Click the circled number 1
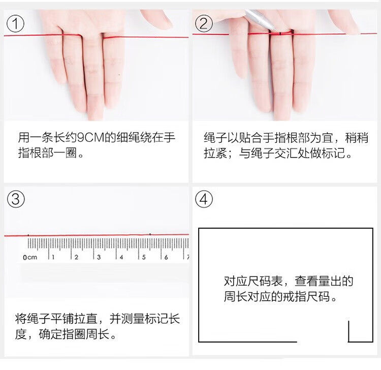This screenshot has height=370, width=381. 15,23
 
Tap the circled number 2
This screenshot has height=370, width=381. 204,23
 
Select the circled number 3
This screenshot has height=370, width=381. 16,199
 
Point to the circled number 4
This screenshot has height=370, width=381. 204,199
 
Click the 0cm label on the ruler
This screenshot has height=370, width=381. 30,257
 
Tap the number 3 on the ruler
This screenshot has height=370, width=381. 99,257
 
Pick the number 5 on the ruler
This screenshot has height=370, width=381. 144,257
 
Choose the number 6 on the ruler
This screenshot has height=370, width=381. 166,257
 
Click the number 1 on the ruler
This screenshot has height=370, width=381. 53,257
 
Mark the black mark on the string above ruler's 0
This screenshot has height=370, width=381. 28,235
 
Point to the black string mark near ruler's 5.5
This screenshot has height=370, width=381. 150,234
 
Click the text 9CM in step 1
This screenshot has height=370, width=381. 90,137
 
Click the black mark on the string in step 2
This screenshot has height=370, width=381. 280,34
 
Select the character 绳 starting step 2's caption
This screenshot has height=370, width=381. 209,138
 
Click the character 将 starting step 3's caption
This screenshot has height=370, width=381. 21,319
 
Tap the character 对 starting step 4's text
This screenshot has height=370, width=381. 230,281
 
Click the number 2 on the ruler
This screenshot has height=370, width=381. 76,257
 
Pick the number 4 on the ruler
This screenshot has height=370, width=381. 121,257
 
